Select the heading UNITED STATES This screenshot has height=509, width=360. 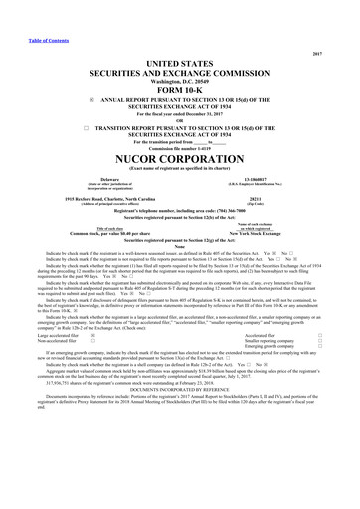coord(179,35)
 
